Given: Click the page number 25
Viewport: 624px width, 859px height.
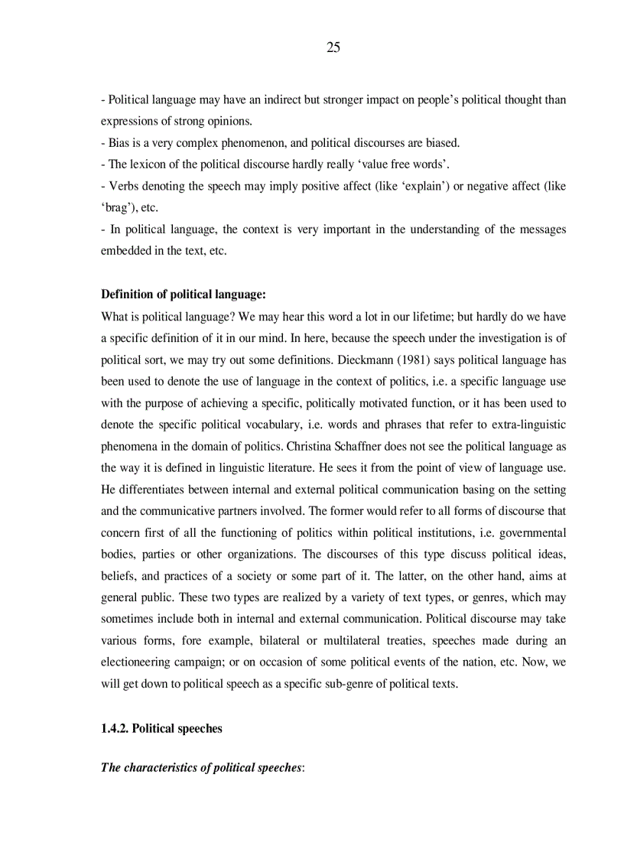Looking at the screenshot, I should pos(333,47).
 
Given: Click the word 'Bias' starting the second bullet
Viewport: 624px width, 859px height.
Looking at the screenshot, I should pos(120,143).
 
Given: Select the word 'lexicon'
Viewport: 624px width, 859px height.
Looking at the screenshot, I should pos(148,164).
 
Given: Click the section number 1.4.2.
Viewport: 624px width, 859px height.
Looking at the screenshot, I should pos(115,728).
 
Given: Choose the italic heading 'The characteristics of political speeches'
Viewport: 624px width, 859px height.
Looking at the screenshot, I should pos(201,767).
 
